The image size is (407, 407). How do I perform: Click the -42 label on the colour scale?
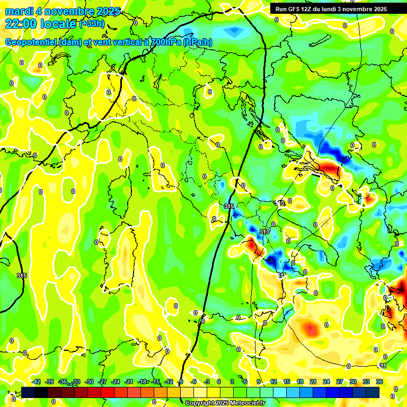37,382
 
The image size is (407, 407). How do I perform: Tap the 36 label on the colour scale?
379,382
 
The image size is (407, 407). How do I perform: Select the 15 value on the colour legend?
286,382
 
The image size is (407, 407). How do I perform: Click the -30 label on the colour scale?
90,382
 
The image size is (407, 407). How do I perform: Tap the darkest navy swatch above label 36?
373,392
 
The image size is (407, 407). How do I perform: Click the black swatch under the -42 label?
28,392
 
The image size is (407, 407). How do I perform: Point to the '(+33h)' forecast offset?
92,24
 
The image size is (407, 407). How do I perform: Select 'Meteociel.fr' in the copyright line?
247,403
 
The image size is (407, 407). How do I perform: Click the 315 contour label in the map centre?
229,206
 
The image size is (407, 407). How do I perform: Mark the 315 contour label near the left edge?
22,276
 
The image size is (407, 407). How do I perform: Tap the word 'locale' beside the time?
59,24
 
